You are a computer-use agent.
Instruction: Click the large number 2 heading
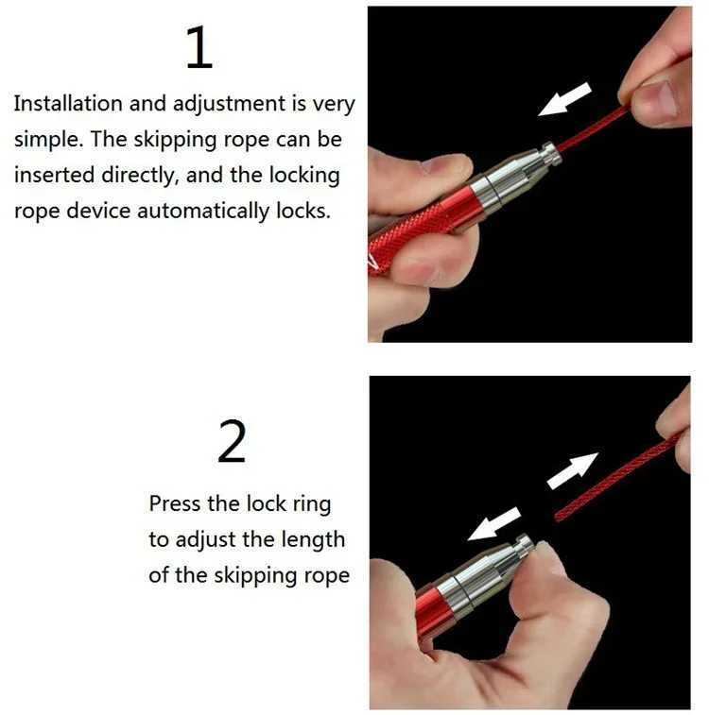click(232, 442)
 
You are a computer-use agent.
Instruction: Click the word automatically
click(207, 210)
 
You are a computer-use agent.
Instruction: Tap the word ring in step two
click(311, 503)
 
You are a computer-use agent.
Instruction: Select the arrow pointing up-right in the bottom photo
click(573, 470)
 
